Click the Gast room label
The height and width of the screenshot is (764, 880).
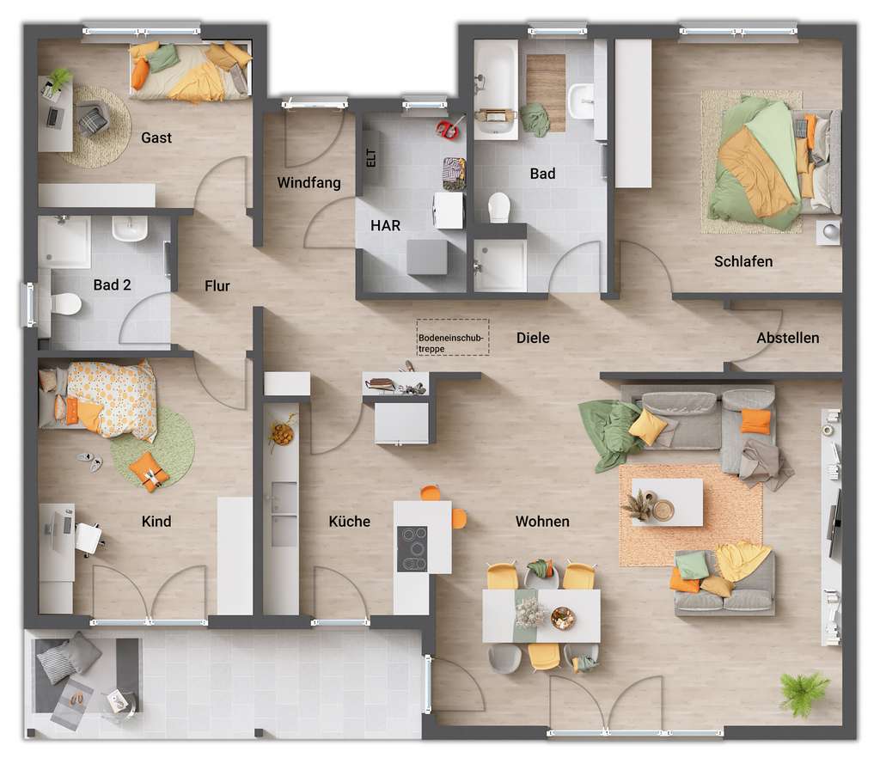156,138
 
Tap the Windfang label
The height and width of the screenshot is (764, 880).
309,183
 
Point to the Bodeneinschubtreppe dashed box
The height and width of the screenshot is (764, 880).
453,338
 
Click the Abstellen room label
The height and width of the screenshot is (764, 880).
787,338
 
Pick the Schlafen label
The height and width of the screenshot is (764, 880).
743,261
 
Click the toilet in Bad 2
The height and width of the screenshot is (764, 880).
64,303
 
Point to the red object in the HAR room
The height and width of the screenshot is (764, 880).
448,130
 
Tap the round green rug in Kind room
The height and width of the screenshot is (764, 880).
153,447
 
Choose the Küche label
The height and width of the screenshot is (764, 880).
350,522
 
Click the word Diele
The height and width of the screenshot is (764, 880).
533,338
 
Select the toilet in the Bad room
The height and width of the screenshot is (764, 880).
498,207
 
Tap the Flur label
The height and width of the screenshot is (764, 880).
217,286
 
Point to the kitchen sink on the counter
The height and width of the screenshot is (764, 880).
284,513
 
